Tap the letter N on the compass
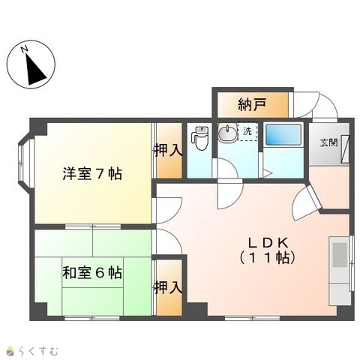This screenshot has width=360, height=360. pos(24,49)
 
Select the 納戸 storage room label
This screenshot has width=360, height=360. pos(252,104)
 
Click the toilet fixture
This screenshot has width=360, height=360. pos(200,138)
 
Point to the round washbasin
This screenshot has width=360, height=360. pos(227,132)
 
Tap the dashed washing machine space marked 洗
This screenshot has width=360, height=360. pos(247,131)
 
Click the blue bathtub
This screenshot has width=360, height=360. pos(283,135)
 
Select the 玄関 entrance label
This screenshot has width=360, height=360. pos(328,142)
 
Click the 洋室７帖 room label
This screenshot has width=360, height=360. pos(92,174)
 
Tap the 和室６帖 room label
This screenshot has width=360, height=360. pos(92,273)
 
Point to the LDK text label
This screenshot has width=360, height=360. pos(268,242)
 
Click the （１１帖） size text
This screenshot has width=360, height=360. pos(268,258)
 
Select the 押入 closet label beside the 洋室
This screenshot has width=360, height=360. pos(168,151)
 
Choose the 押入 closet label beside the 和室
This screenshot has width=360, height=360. pos(168,287)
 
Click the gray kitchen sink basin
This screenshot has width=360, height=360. pos(340,255)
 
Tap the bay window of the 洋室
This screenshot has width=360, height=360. pos(25,163)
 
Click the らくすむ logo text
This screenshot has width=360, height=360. pos(38,351)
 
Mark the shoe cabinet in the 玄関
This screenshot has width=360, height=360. pos(346,149)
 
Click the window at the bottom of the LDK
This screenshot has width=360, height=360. pos(252,318)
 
